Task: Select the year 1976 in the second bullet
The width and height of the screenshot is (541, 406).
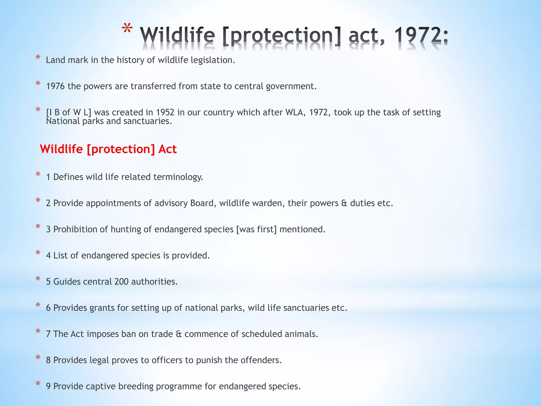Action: pyautogui.click(x=55, y=86)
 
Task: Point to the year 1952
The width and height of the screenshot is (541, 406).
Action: pyautogui.click(x=165, y=112)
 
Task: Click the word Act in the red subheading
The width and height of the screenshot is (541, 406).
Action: pyautogui.click(x=167, y=149)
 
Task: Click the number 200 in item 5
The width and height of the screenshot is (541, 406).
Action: pyautogui.click(x=122, y=282)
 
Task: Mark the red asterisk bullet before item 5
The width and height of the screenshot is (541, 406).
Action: pyautogui.click(x=38, y=279)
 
